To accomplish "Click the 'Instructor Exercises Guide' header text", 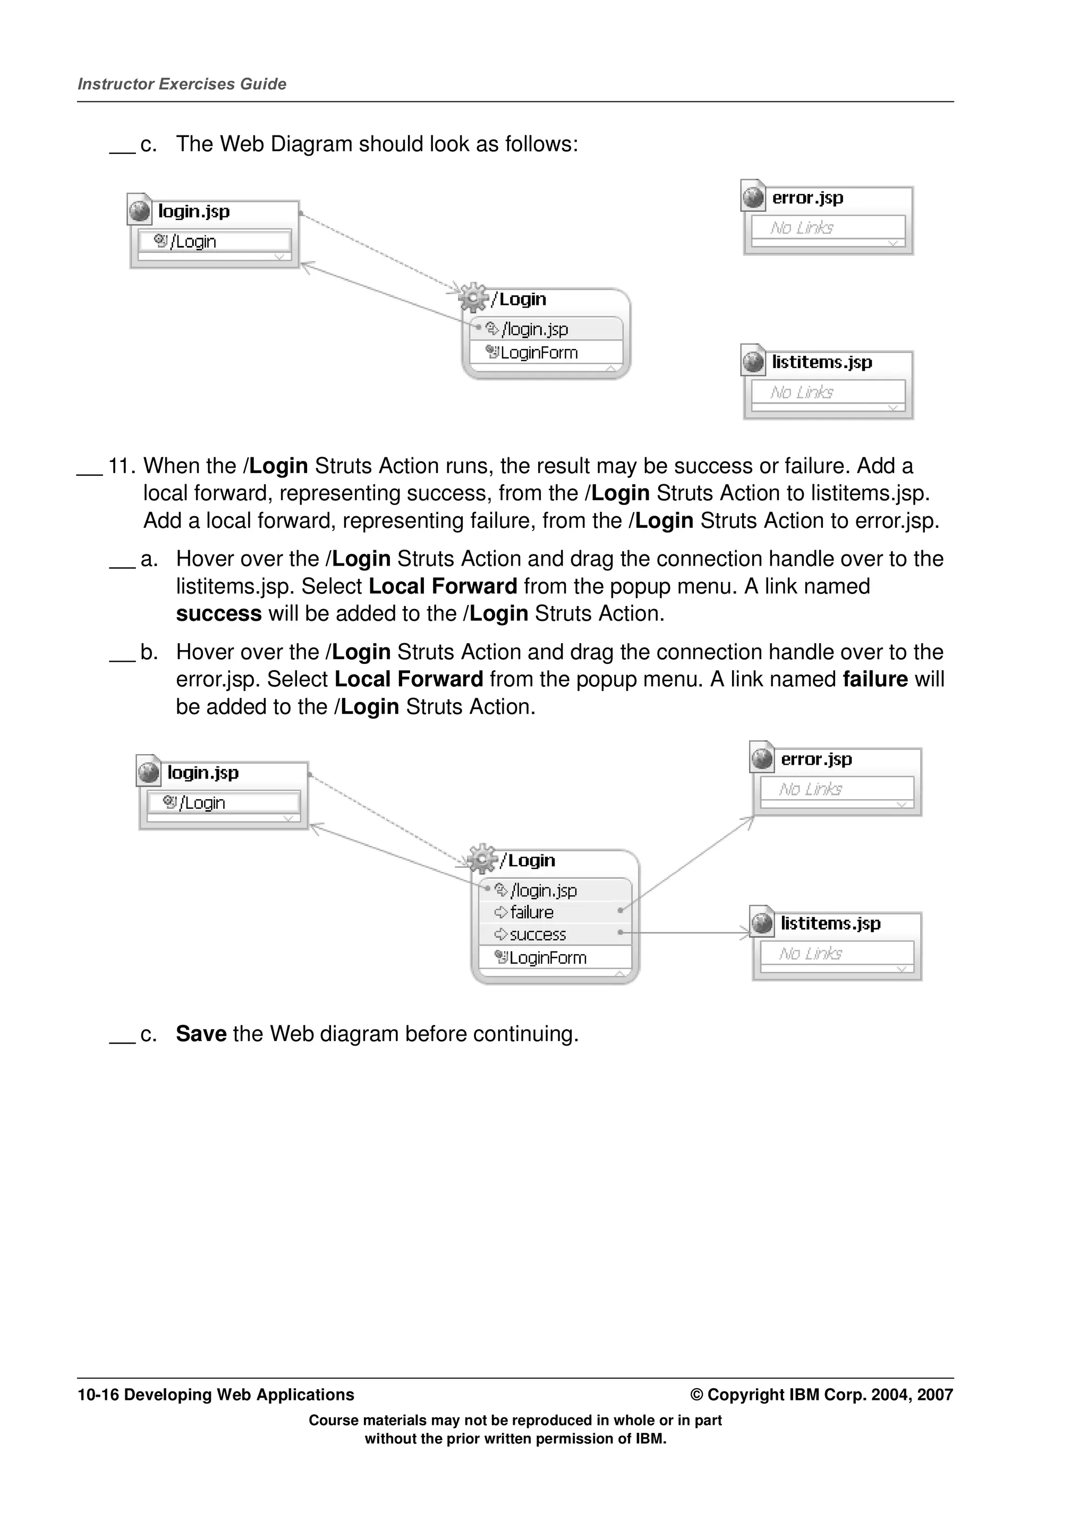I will (182, 84).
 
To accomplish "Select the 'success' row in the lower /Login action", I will (537, 935).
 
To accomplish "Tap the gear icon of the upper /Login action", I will (473, 297).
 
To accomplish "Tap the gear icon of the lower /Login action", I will (482, 858).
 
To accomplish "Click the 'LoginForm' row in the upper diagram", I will (538, 353).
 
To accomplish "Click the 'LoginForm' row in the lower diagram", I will (547, 958).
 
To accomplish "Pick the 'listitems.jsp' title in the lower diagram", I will (830, 924).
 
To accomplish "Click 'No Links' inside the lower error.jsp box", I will (811, 789).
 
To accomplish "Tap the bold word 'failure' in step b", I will (875, 679).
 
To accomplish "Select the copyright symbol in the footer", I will (696, 1395).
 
